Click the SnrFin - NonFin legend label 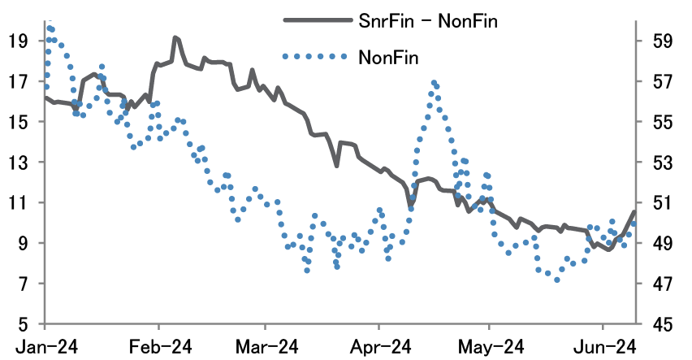[427, 22]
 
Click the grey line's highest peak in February [175, 37]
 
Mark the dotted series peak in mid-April [434, 83]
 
